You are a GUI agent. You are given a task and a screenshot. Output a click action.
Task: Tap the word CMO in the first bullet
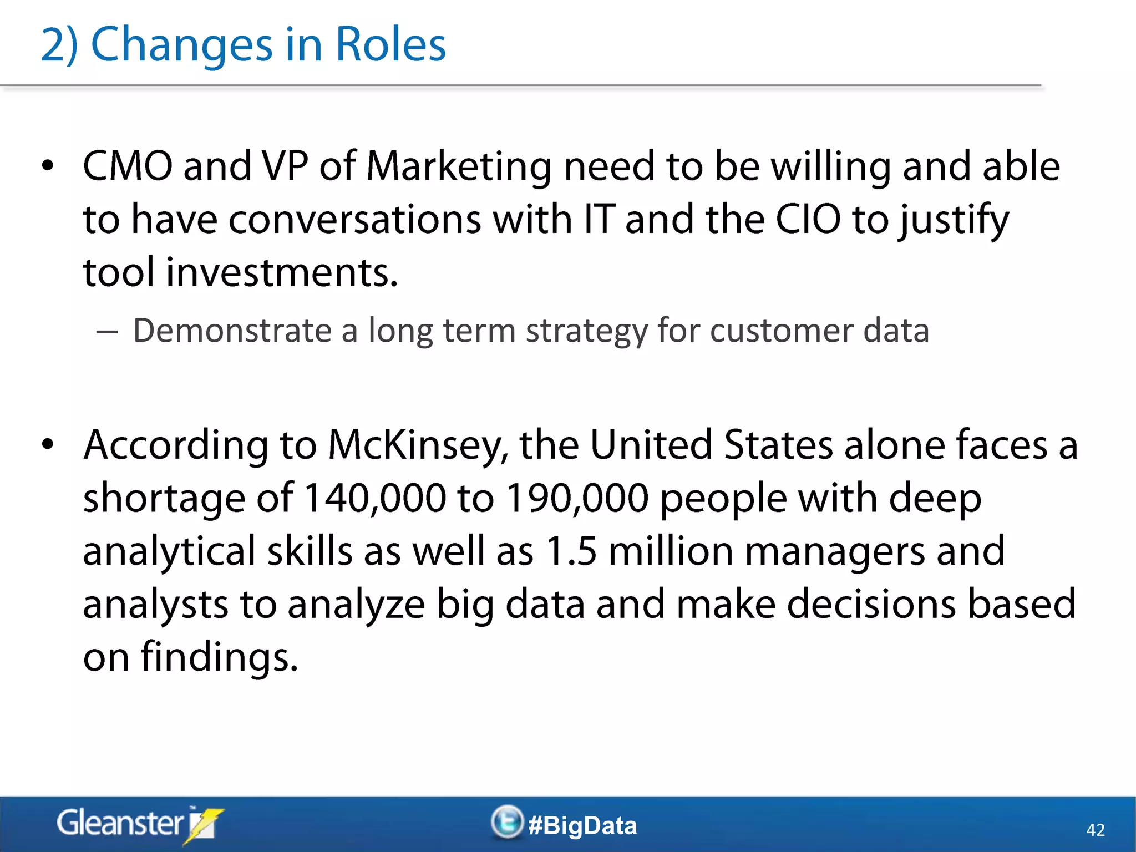[128, 166]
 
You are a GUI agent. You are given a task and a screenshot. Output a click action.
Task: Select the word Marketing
[459, 167]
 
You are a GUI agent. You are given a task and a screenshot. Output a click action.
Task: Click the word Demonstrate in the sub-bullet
[232, 331]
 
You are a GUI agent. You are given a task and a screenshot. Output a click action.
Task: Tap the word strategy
[586, 332]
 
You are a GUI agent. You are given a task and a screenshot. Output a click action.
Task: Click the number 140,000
[375, 498]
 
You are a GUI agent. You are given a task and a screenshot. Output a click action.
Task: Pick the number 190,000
[577, 498]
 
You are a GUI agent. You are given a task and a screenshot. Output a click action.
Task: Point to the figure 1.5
[571, 551]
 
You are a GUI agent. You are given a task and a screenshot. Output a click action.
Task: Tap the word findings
[219, 657]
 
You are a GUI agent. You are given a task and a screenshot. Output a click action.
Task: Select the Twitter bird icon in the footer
[507, 822]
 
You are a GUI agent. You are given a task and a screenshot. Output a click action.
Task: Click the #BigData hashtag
[582, 825]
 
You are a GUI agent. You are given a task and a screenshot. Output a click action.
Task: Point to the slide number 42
[1095, 830]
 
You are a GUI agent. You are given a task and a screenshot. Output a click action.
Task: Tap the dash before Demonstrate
[106, 332]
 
